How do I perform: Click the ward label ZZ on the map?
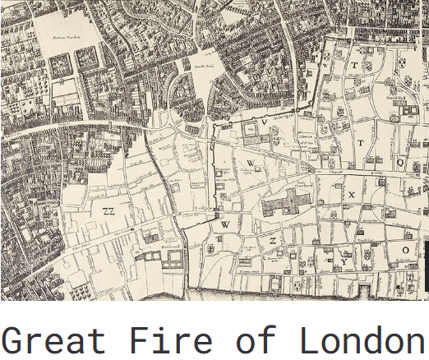(108, 210)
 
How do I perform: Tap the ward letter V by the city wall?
(265, 121)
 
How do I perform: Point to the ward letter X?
(351, 195)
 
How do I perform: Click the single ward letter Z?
(270, 241)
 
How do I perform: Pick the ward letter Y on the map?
(343, 263)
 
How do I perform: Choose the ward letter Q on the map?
(400, 164)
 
